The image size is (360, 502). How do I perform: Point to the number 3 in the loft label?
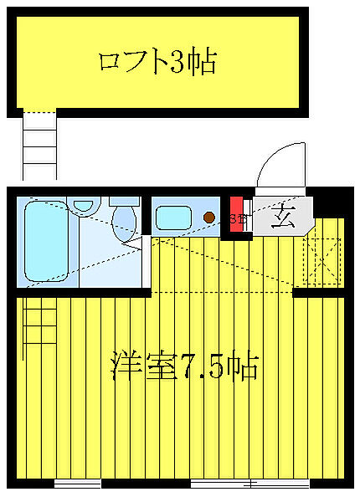pyautogui.click(x=179, y=62)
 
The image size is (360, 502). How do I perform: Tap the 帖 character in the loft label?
pyautogui.click(x=203, y=62)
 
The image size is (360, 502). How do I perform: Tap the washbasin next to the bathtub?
pyautogui.click(x=83, y=205)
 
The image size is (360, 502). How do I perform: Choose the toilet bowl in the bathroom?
pyautogui.click(x=124, y=219)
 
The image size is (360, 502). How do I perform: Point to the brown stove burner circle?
pyautogui.click(x=209, y=218)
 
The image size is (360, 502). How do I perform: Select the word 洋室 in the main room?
pyautogui.click(x=138, y=366)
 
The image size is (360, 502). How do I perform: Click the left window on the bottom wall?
pyautogui.click(x=77, y=484)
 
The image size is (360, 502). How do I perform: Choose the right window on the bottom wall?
pyautogui.click(x=249, y=484)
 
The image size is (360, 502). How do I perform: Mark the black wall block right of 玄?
pyautogui.click(x=332, y=203)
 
